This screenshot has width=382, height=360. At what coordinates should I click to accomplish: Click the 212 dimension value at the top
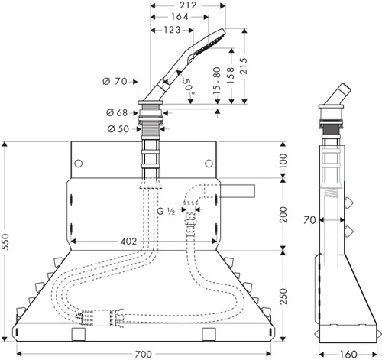[x=188, y=5]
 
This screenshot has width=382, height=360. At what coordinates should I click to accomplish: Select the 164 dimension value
[x=180, y=17]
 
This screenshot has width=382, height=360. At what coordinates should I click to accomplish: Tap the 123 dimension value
[x=172, y=30]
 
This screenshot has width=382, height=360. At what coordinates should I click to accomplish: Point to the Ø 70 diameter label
[x=115, y=82]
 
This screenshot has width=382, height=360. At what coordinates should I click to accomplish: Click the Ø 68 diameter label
[x=117, y=112]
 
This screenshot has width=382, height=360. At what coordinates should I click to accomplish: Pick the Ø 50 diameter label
[x=118, y=129]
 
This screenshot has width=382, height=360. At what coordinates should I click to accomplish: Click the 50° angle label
[x=188, y=86]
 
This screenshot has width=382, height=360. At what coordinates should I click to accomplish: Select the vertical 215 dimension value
[x=244, y=66]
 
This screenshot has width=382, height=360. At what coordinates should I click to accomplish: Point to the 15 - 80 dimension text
[x=216, y=80]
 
